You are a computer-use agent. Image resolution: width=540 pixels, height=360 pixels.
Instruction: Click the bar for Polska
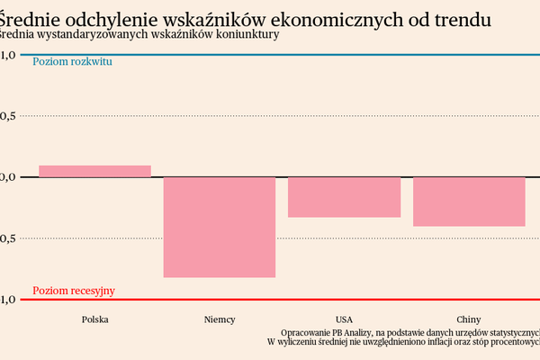click(x=94, y=171)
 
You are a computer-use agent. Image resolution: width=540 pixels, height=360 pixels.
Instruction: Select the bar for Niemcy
click(x=219, y=227)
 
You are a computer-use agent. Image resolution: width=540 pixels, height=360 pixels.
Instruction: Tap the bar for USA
click(x=344, y=197)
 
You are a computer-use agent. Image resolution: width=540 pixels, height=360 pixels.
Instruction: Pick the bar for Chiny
click(x=469, y=202)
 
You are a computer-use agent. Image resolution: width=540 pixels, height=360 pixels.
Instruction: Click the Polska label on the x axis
click(x=94, y=319)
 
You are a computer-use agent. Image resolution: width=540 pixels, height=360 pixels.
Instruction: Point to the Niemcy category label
click(x=219, y=319)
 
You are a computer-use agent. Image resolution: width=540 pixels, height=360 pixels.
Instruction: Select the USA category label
click(x=344, y=319)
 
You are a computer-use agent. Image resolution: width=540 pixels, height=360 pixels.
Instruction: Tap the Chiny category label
click(x=469, y=319)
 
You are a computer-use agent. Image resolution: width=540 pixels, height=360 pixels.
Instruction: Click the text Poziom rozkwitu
click(x=72, y=62)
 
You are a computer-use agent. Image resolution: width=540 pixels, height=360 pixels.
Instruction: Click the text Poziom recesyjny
click(x=74, y=291)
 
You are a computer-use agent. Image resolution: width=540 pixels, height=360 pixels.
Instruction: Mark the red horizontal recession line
click(x=270, y=300)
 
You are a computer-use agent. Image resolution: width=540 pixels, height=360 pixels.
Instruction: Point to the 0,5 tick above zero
click(x=7, y=116)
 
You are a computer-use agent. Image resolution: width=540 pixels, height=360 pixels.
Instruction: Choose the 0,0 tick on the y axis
click(x=7, y=177)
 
